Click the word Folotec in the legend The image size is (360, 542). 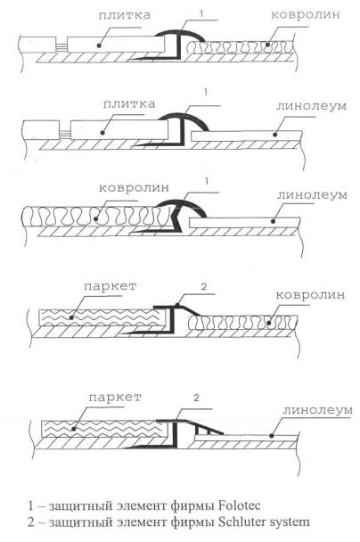(x=240, y=505)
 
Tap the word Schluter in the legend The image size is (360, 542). (x=240, y=521)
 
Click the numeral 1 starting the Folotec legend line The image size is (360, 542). (x=31, y=505)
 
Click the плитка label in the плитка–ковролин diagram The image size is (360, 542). (x=125, y=15)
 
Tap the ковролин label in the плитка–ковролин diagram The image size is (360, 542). (x=305, y=14)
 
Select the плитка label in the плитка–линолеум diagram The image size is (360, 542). (x=129, y=103)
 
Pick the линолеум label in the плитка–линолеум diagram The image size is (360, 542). (x=311, y=105)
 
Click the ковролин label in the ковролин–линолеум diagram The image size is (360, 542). (x=134, y=188)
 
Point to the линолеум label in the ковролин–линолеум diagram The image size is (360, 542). (x=312, y=194)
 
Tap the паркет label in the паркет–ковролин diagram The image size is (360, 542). (x=110, y=286)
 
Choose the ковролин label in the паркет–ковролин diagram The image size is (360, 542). (x=310, y=295)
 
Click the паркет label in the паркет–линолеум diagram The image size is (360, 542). (x=115, y=398)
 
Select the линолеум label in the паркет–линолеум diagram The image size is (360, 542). (x=317, y=410)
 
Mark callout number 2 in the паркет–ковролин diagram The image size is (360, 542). (x=204, y=286)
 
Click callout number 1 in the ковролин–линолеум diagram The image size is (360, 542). (x=207, y=181)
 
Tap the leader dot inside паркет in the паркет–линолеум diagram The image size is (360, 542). (x=73, y=429)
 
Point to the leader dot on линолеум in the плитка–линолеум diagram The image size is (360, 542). (x=275, y=135)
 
